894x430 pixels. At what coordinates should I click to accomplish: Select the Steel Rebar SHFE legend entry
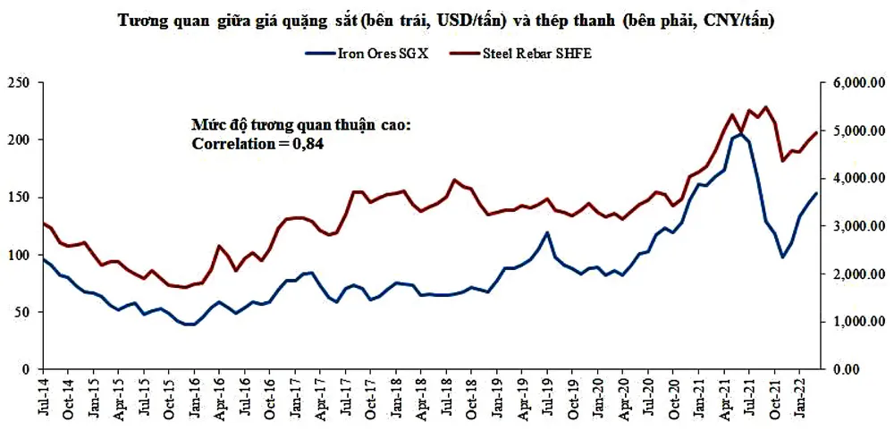536,53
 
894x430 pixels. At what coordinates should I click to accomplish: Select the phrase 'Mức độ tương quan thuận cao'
300,124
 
